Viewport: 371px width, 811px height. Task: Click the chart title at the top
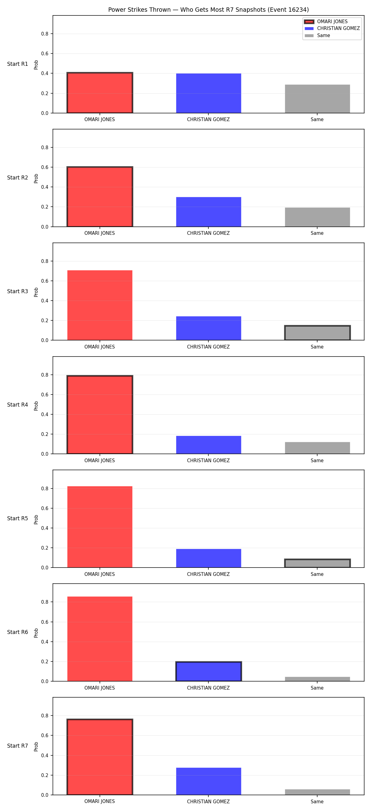208,10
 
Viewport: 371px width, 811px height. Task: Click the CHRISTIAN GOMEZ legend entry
332,28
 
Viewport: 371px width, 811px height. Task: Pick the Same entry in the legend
317,36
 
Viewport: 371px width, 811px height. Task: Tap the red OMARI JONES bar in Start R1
100,93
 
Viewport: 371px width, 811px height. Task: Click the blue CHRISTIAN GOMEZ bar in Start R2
208,212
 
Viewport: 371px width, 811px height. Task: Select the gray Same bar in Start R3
318,333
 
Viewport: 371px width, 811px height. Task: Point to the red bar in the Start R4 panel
100,415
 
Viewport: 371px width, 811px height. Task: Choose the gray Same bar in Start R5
318,563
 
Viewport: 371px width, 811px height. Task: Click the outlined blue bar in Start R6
208,671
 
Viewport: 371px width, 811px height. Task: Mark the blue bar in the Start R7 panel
208,781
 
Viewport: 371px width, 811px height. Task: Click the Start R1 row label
18,64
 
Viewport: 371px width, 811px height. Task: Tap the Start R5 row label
18,518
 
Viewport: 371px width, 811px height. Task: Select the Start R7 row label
18,746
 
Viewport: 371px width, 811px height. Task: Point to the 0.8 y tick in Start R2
45,147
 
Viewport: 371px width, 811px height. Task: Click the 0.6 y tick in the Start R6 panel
45,622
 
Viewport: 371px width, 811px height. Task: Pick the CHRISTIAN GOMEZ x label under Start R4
208,461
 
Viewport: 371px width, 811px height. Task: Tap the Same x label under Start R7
317,801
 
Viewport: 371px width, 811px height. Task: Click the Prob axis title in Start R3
36,292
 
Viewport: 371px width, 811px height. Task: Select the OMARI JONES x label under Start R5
100,574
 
